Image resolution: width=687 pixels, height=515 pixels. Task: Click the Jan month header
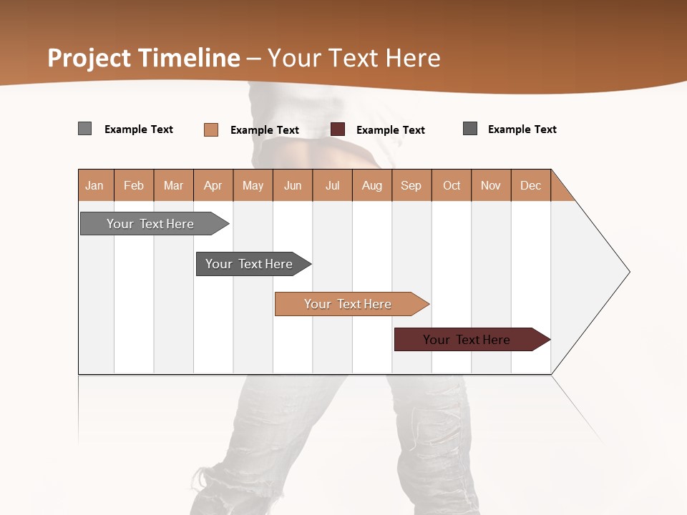pyautogui.click(x=94, y=185)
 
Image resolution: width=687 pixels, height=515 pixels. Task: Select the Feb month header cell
pyautogui.click(x=134, y=185)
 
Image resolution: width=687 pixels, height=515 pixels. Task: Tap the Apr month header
pyautogui.click(x=213, y=185)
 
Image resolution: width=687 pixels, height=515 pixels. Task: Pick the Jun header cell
pyautogui.click(x=293, y=185)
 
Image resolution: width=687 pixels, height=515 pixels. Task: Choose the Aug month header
pyautogui.click(x=371, y=185)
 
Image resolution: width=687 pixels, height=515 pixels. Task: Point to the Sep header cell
pyautogui.click(x=411, y=185)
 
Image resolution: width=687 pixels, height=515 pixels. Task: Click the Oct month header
pyautogui.click(x=452, y=185)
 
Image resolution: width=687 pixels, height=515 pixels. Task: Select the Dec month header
pyautogui.click(x=530, y=185)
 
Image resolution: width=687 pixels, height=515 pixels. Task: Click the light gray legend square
pyautogui.click(x=85, y=129)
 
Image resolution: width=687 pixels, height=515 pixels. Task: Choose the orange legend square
pyautogui.click(x=211, y=129)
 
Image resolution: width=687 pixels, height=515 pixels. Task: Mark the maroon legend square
pyautogui.click(x=338, y=129)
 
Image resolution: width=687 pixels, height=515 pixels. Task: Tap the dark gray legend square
pyautogui.click(x=470, y=129)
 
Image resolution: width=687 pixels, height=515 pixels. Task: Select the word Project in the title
pyautogui.click(x=89, y=58)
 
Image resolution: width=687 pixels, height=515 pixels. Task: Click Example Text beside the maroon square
pyautogui.click(x=390, y=130)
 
